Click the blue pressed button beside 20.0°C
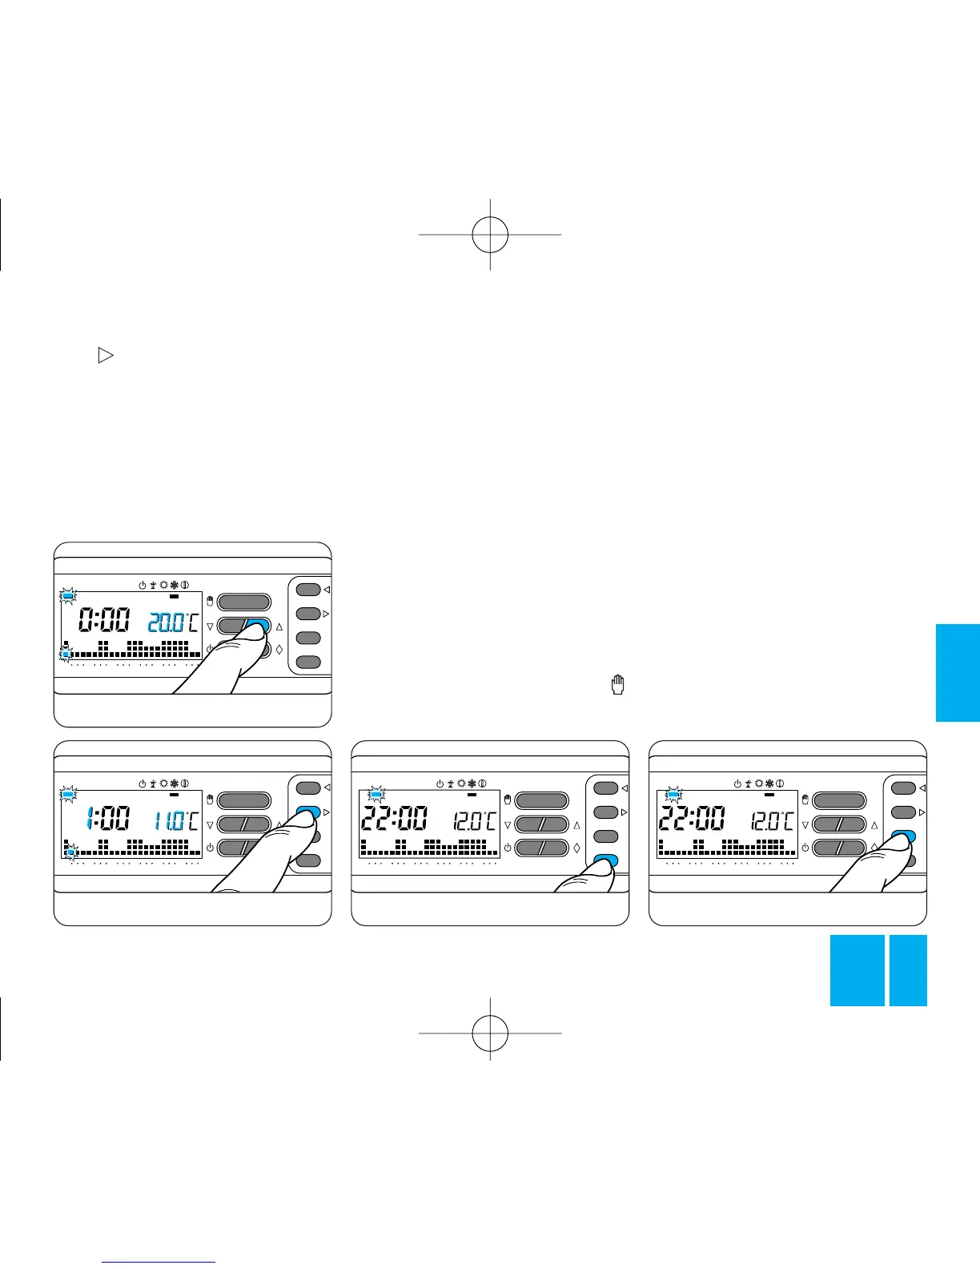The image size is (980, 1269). tap(258, 626)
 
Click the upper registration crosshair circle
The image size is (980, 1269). tap(490, 234)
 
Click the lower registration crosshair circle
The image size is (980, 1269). tap(490, 1033)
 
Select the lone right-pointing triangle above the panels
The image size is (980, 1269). tap(105, 357)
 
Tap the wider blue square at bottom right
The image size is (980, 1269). tap(857, 970)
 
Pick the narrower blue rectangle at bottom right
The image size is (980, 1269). tap(908, 970)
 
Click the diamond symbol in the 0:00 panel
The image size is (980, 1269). tap(279, 650)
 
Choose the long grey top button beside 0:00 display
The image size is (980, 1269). tap(244, 602)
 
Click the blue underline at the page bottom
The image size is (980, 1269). tap(159, 1262)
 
